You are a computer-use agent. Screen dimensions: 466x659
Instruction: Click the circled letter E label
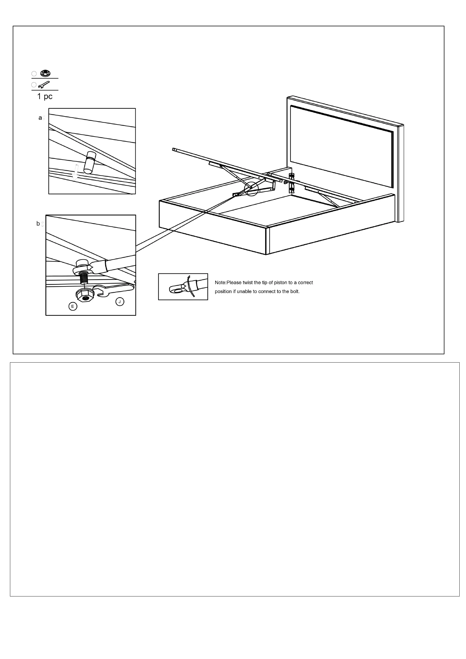73,306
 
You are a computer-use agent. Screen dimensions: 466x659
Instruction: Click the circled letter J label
120,302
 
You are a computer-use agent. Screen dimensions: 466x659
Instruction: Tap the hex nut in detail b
85,295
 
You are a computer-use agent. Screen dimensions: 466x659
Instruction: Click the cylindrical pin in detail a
90,163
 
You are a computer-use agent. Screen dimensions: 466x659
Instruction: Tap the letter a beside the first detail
40,118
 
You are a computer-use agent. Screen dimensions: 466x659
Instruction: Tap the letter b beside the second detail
38,224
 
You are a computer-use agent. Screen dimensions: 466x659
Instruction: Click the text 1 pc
45,96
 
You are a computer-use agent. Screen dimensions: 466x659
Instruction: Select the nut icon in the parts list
45,73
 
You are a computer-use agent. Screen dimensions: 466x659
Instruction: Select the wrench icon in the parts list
44,85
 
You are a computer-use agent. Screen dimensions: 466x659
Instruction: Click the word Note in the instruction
220,283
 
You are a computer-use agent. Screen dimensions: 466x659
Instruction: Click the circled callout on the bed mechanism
251,189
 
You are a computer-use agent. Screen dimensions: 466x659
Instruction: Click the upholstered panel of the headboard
341,146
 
